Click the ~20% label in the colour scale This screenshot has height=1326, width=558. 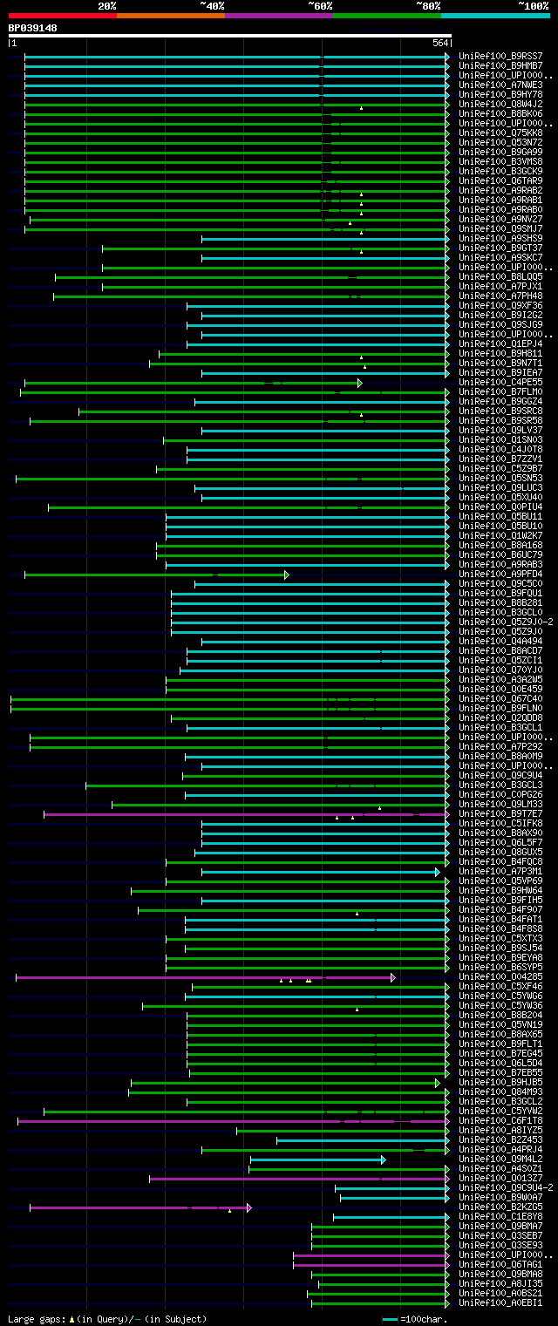click(106, 5)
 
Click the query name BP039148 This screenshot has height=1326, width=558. click(33, 28)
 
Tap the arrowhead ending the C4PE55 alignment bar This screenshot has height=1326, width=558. click(360, 383)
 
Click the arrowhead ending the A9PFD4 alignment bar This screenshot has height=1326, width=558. click(287, 575)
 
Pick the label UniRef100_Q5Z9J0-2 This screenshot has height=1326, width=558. click(506, 622)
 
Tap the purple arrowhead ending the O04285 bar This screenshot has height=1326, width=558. click(393, 977)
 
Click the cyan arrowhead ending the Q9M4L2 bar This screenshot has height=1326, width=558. click(384, 1159)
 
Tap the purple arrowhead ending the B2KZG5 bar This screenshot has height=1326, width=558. click(249, 1207)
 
